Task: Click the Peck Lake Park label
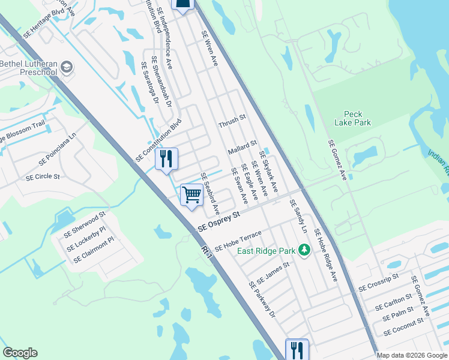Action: pyautogui.click(x=357, y=118)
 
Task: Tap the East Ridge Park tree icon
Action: pyautogui.click(x=304, y=249)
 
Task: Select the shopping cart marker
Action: pyautogui.click(x=191, y=194)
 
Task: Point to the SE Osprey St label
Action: pyautogui.click(x=219, y=221)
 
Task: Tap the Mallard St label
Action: pyautogui.click(x=243, y=148)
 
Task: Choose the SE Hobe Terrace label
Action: pyautogui.click(x=238, y=240)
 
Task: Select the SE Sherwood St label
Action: pyautogui.click(x=85, y=222)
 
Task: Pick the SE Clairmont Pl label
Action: pyautogui.click(x=94, y=250)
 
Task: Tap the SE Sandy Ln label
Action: pyautogui.click(x=298, y=217)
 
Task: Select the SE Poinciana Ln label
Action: pyautogui.click(x=58, y=149)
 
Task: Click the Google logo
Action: pyautogui.click(x=20, y=353)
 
